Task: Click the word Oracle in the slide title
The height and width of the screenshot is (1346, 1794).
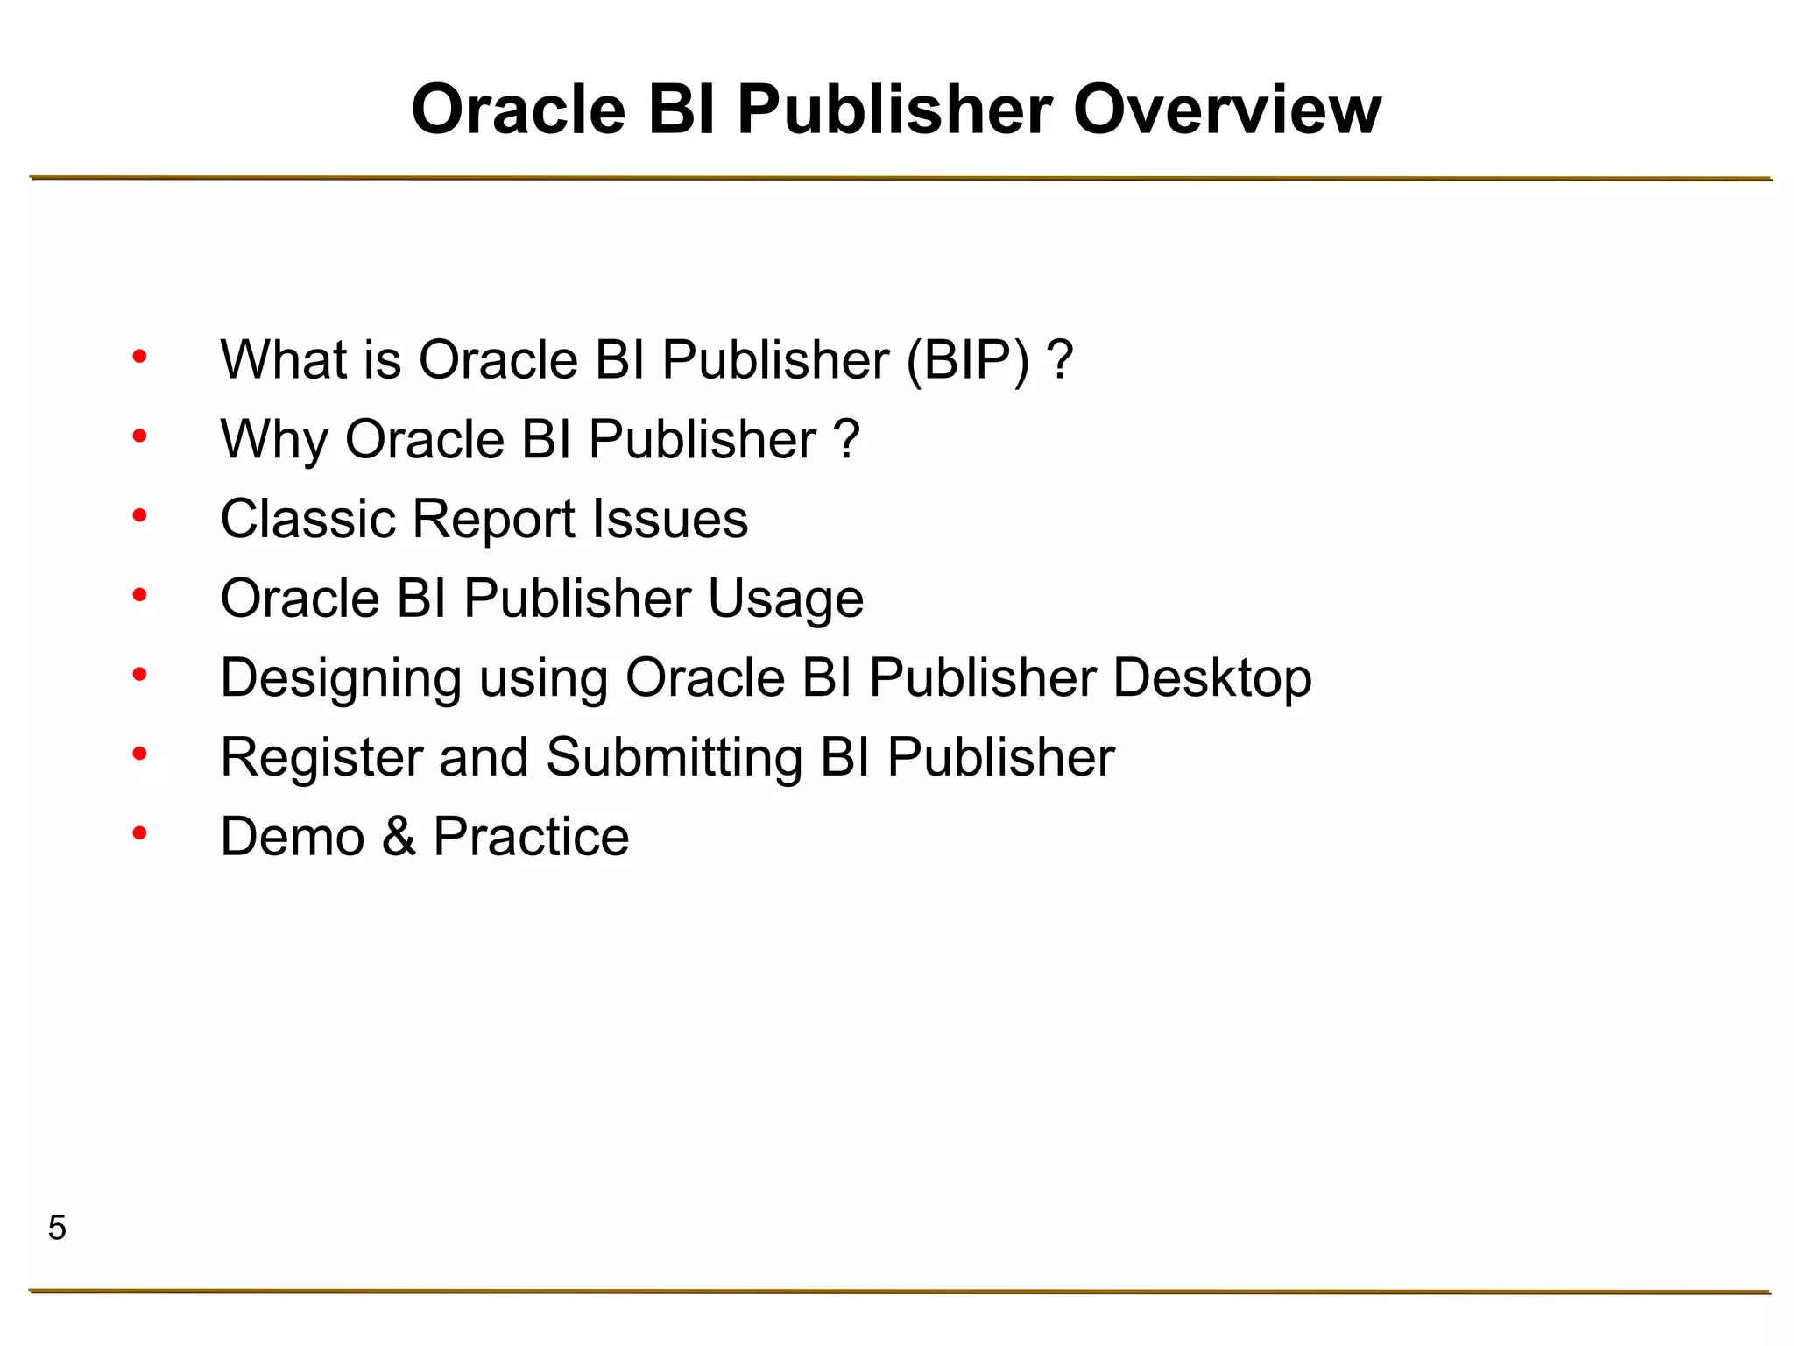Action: (x=519, y=110)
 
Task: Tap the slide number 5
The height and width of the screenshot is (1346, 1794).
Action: (x=57, y=1228)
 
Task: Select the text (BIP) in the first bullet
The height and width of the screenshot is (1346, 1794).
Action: (x=968, y=360)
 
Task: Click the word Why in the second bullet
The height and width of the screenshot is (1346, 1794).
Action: (x=273, y=439)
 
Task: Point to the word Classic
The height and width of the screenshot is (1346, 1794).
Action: (x=307, y=519)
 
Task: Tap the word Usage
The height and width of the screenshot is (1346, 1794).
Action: (x=785, y=599)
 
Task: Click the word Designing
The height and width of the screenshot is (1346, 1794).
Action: (x=341, y=679)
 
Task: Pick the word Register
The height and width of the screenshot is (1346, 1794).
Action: (x=321, y=758)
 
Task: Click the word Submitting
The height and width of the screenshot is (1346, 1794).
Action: (x=675, y=758)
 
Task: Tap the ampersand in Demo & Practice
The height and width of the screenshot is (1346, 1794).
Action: (x=399, y=837)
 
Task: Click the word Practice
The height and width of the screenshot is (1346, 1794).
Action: (x=531, y=837)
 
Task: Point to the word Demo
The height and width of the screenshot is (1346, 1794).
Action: (x=293, y=837)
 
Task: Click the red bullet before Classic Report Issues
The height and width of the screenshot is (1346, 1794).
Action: (x=139, y=515)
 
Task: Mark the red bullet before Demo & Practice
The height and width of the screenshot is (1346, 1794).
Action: (x=139, y=833)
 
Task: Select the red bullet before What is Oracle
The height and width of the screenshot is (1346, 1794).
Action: (x=139, y=357)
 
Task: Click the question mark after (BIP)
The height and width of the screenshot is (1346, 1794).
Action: (x=1060, y=360)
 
